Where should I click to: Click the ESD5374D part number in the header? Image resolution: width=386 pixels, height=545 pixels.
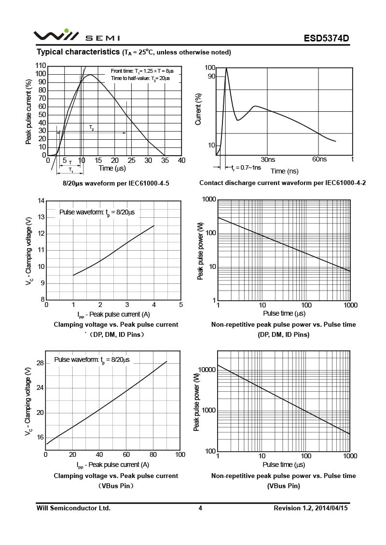[326, 38]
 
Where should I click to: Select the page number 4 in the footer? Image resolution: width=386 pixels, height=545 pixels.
[200, 508]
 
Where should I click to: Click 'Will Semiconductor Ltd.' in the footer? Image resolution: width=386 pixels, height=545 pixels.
[74, 508]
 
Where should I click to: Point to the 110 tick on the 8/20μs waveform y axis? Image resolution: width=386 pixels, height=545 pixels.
[41, 66]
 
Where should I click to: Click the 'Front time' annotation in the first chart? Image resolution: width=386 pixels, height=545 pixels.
[142, 71]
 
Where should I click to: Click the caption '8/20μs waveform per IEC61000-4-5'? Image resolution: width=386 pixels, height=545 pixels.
[116, 183]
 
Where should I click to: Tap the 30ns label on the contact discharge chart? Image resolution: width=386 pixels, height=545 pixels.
[268, 159]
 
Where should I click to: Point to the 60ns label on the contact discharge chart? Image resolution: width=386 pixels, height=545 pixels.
[319, 159]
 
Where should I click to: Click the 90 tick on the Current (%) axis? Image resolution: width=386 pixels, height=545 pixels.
[211, 76]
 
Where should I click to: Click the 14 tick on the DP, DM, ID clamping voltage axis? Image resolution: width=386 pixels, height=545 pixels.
[41, 201]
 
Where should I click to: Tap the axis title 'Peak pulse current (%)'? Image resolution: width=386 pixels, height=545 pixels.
[29, 111]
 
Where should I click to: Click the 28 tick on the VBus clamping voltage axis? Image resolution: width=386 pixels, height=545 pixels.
[40, 363]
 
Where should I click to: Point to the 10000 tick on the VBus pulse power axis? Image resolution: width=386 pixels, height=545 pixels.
[206, 370]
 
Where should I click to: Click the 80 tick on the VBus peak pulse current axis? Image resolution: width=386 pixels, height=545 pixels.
[153, 454]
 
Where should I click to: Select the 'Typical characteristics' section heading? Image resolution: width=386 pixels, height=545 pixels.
[78, 52]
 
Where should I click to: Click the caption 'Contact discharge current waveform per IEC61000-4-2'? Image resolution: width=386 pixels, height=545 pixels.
[283, 183]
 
